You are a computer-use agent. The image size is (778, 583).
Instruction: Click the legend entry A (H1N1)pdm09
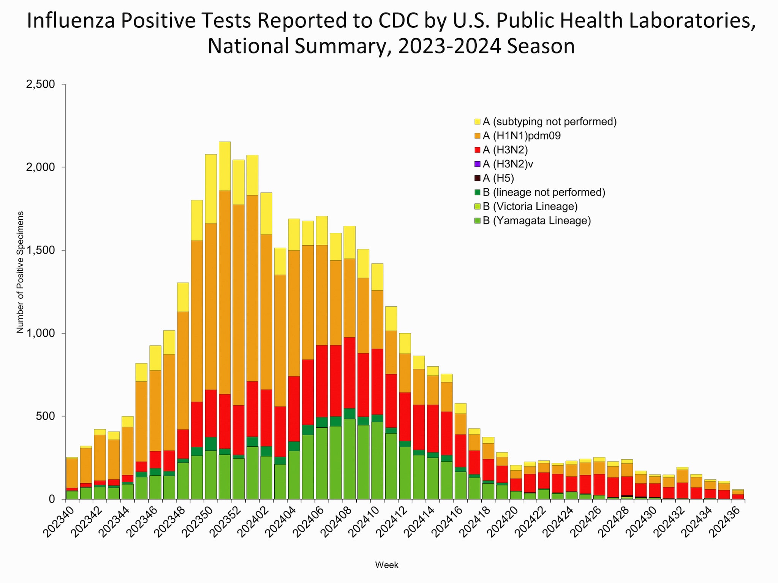click(521, 136)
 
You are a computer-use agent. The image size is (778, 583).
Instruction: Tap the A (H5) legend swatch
click(478, 178)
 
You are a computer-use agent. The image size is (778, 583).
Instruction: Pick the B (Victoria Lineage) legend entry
click(530, 206)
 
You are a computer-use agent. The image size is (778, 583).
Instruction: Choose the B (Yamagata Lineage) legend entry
click(536, 221)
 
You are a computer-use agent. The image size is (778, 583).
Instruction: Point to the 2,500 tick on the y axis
click(40, 84)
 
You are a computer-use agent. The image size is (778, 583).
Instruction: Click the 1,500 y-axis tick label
click(40, 251)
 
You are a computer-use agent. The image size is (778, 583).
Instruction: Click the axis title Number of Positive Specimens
click(20, 272)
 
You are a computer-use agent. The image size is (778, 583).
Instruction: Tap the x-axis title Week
click(386, 565)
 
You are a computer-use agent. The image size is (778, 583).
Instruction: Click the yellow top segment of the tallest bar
click(225, 166)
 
